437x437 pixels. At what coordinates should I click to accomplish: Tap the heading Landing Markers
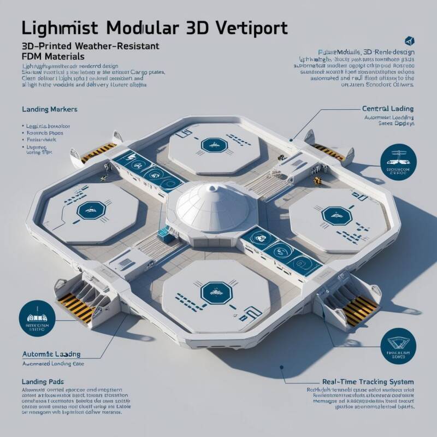[49, 109]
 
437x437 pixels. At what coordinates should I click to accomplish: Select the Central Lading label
[388, 109]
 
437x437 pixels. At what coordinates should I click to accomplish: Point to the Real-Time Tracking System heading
[368, 381]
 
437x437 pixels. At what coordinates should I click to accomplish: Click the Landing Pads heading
[43, 381]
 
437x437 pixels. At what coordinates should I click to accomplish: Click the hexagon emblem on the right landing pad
[333, 215]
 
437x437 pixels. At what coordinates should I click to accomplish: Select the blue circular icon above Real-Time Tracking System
[397, 346]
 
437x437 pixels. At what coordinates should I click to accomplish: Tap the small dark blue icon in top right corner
[408, 41]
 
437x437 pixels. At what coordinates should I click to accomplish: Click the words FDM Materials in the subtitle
[53, 57]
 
